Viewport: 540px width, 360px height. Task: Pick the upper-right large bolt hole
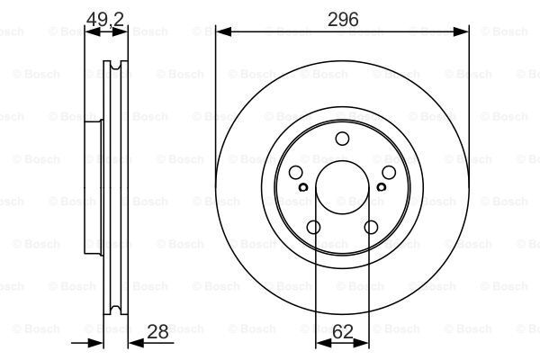[389, 173]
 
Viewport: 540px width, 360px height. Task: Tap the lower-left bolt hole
[314, 228]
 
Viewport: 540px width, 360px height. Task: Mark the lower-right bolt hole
[371, 228]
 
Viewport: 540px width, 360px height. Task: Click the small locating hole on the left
[303, 187]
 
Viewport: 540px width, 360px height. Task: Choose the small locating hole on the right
[382, 187]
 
